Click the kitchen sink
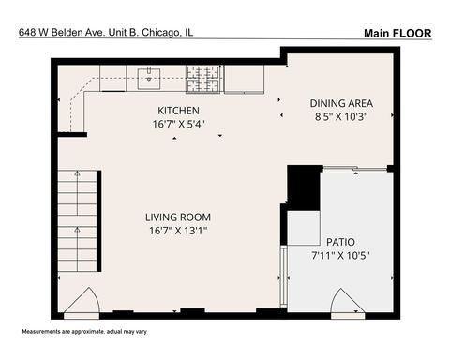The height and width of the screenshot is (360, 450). pos(150,78)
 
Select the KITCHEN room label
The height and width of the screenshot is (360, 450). pos(179,110)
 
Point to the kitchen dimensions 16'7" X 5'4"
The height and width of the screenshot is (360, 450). pos(178,123)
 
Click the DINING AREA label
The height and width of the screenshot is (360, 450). pos(342,103)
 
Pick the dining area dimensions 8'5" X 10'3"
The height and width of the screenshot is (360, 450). pos(342,117)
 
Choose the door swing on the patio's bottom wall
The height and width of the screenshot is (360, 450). pos(348,303)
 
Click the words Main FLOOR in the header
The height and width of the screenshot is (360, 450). pos(397,33)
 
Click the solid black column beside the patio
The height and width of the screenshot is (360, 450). pos(302,187)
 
